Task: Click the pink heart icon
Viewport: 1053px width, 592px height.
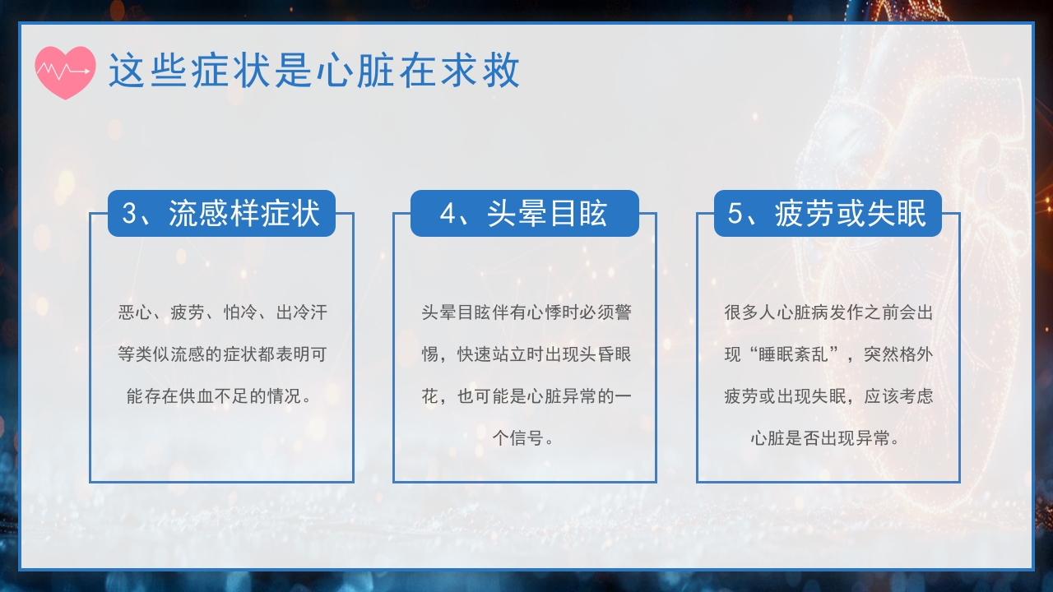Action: pyautogui.click(x=65, y=72)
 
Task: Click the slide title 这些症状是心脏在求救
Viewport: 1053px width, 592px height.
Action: pyautogui.click(x=314, y=72)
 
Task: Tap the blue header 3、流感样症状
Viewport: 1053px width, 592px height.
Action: pyautogui.click(x=221, y=214)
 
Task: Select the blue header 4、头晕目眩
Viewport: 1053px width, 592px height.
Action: pyautogui.click(x=524, y=214)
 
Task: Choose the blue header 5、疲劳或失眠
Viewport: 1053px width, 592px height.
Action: pyautogui.click(x=828, y=214)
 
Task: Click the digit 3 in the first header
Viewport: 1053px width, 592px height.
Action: pyautogui.click(x=130, y=214)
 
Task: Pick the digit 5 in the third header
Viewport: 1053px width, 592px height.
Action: pyautogui.click(x=735, y=214)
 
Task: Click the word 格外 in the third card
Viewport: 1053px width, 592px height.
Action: pyautogui.click(x=916, y=355)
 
